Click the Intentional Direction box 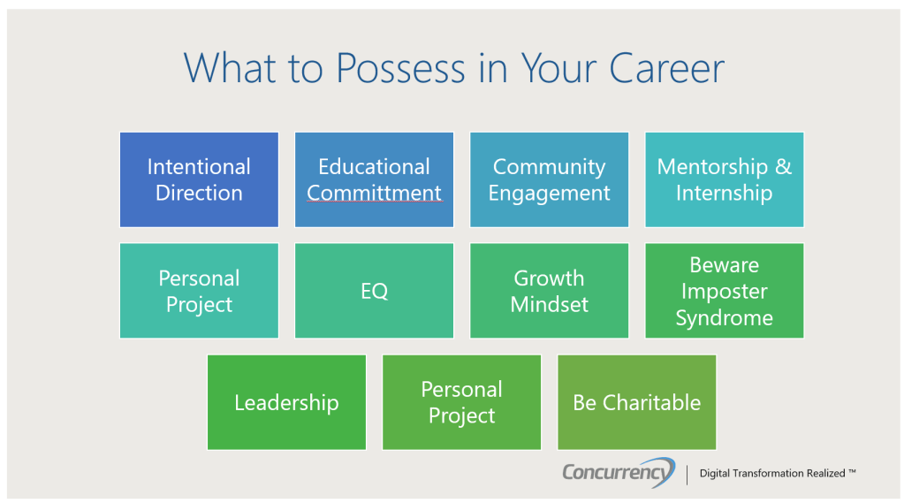(199, 179)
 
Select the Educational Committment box (374, 179)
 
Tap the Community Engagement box (549, 179)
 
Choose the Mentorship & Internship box (724, 179)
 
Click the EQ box (374, 291)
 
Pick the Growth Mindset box (549, 291)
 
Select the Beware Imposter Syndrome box (724, 291)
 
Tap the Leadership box (286, 402)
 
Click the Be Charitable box (636, 402)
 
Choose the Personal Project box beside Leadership (461, 402)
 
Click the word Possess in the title (400, 68)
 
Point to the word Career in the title (666, 68)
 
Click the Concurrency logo (619, 472)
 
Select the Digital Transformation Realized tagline (777, 474)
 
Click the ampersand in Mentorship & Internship (783, 167)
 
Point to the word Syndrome (724, 318)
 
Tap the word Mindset (549, 304)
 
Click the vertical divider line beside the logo (687, 474)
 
